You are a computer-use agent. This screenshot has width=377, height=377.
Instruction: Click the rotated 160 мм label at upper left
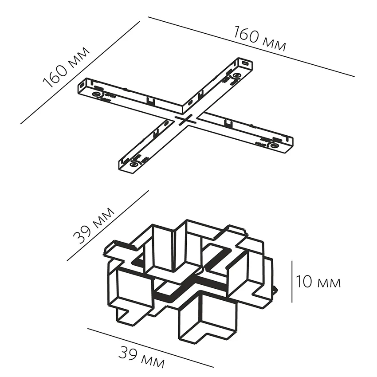pos(67,67)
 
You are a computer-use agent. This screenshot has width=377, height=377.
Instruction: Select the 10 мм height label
pos(318,282)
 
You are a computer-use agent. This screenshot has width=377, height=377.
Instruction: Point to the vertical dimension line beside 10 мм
pos(292,282)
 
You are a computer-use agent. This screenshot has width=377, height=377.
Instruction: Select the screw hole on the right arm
pos(274,145)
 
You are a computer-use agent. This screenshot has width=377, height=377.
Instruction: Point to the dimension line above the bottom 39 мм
pos(151,348)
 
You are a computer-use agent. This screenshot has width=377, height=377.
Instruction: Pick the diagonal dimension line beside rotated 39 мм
pos(107,226)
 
